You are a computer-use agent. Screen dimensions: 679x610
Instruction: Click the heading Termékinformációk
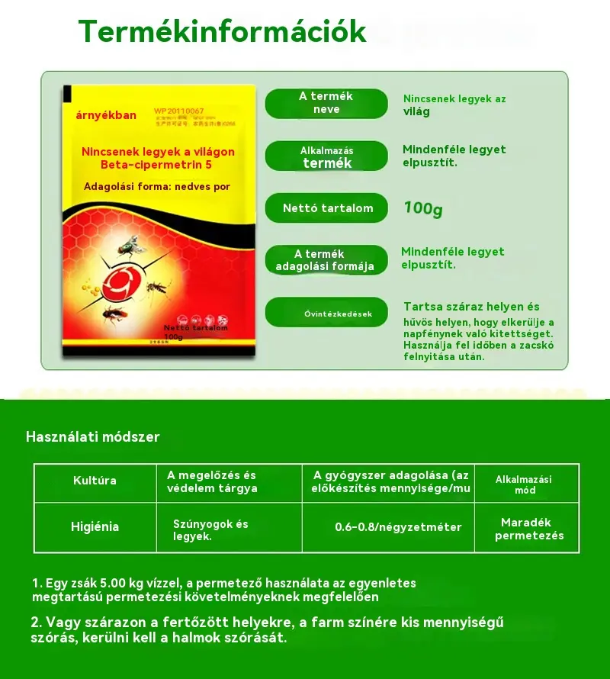(222, 31)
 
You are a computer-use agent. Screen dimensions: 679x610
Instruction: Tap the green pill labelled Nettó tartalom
(327, 208)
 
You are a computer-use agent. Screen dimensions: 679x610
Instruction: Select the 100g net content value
(423, 208)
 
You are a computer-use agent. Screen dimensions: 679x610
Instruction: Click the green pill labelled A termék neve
(326, 103)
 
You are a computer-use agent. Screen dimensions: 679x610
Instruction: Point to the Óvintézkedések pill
(327, 313)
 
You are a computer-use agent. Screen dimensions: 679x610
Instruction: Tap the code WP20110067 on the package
(178, 111)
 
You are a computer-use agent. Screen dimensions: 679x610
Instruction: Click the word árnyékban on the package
(106, 116)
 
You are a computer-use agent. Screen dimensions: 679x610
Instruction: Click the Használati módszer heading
(93, 437)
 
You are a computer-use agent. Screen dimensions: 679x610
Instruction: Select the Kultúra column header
(95, 481)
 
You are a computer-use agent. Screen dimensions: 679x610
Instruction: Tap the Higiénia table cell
(95, 526)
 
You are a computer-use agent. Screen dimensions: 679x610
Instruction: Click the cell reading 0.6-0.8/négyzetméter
(398, 527)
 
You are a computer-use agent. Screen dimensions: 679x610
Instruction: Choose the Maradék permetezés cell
(528, 529)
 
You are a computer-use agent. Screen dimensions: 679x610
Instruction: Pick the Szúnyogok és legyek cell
(210, 530)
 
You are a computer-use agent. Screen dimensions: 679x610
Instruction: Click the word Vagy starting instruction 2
(61, 623)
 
